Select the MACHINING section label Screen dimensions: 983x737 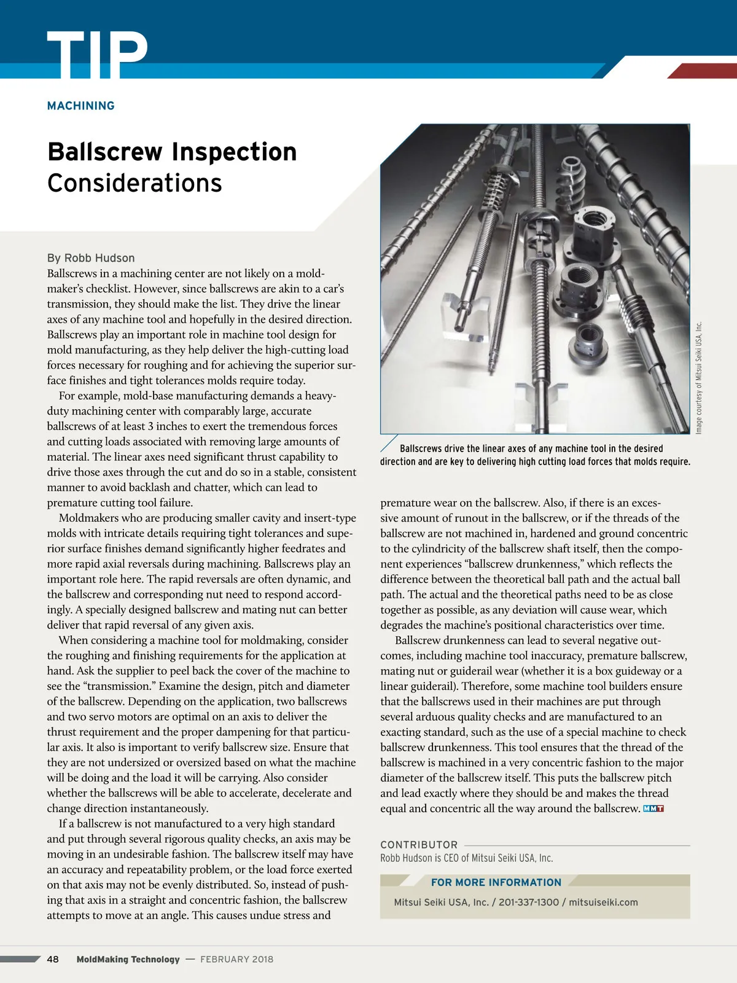(81, 106)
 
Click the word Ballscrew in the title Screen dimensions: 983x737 (105, 152)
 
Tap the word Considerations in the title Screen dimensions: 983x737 (135, 183)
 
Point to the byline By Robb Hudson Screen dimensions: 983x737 (91, 258)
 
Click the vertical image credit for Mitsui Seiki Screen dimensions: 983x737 (698, 378)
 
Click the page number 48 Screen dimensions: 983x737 (53, 959)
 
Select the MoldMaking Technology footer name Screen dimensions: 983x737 (128, 959)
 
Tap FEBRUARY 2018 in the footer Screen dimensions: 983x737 (236, 959)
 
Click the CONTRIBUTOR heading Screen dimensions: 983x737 (419, 845)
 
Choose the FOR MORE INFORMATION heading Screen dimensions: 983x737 (496, 882)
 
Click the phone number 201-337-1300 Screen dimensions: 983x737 (529, 903)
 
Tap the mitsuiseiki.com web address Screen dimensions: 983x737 (603, 903)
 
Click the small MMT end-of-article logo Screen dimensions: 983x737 (653, 809)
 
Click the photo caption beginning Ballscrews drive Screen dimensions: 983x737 (534, 455)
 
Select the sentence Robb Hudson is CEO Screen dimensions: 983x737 (467, 858)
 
